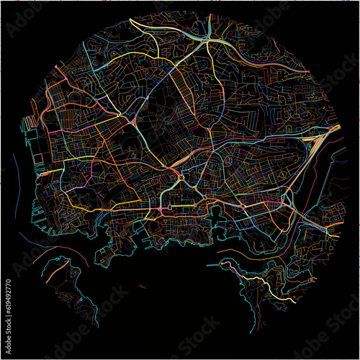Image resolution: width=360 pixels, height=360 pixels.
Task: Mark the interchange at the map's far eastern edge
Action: pyautogui.click(x=333, y=128)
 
